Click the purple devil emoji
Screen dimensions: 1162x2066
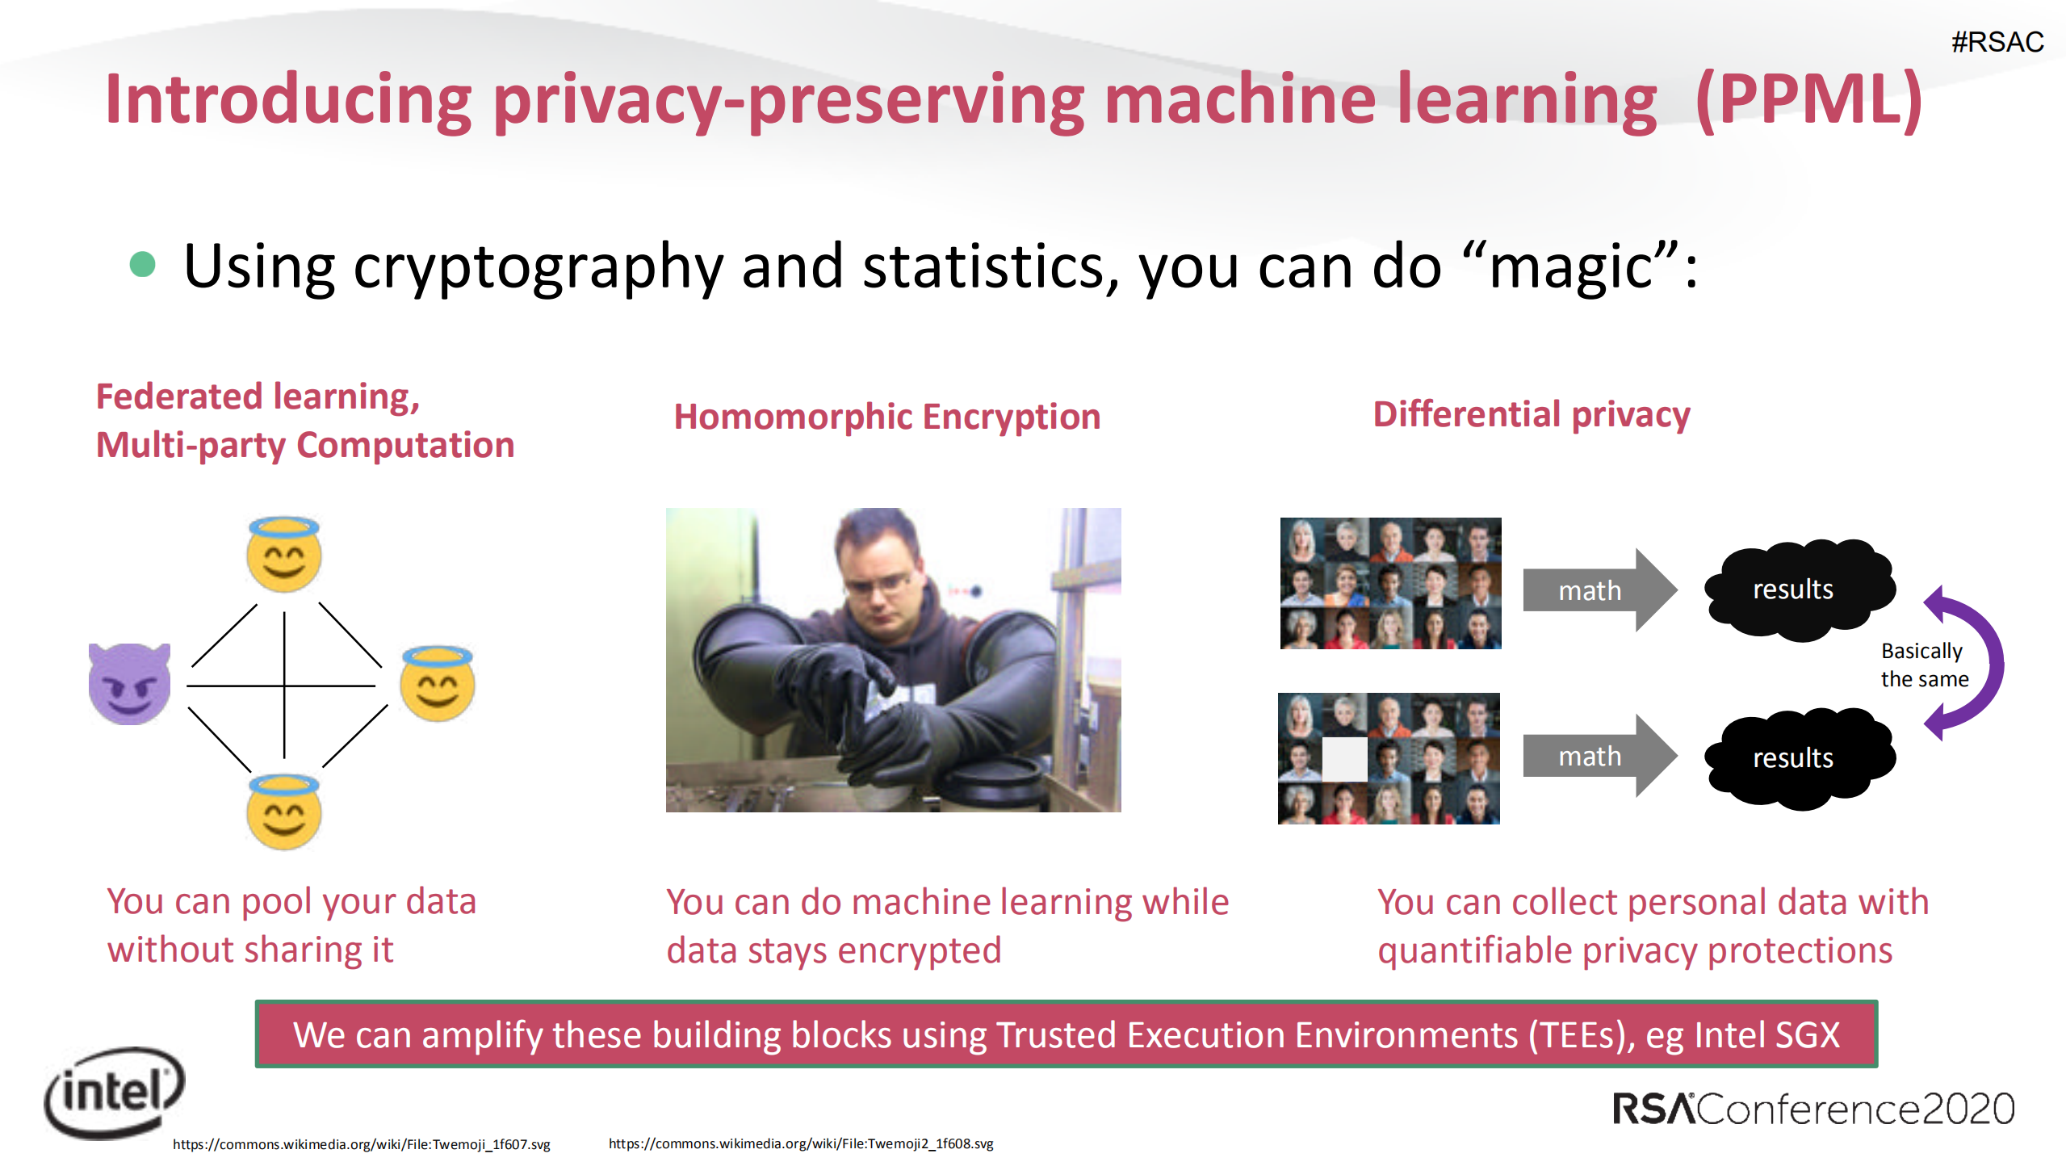point(129,684)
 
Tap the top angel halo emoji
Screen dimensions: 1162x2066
point(283,555)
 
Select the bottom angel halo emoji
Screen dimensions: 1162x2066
point(283,812)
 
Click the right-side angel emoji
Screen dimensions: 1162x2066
point(438,684)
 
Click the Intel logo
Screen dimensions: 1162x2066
point(115,1093)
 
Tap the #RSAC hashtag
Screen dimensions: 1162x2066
point(1997,42)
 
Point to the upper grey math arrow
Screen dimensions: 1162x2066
point(1597,590)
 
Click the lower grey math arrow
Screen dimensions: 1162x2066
point(1597,757)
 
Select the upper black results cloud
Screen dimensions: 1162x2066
point(1799,589)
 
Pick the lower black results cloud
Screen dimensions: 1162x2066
point(1799,757)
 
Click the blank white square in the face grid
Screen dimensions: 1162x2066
point(1344,759)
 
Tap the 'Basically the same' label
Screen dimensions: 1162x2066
point(1924,665)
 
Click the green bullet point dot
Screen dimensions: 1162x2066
point(142,265)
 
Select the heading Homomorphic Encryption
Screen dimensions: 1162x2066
point(886,417)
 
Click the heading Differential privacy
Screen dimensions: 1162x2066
point(1531,415)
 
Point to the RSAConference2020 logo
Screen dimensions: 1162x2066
point(1812,1108)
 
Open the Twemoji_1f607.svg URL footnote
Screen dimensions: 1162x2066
point(361,1144)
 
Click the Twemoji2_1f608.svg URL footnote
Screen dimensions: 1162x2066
point(800,1143)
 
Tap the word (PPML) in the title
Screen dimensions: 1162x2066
point(1808,100)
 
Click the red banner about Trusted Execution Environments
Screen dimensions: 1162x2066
point(1066,1034)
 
